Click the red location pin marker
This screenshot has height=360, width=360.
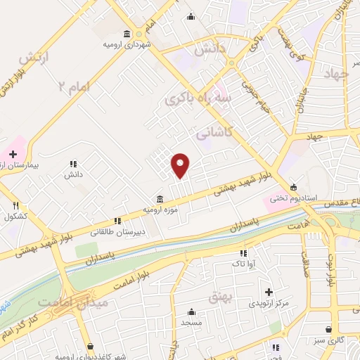181,165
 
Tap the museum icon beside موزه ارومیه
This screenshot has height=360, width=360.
160,198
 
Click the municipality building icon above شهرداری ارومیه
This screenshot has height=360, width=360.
127,34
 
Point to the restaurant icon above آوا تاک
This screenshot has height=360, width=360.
243,253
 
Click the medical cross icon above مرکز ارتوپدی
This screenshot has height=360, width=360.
269,292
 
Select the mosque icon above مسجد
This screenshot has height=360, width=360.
191,311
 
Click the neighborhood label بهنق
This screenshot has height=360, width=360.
219,297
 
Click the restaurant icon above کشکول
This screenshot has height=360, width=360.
15,205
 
